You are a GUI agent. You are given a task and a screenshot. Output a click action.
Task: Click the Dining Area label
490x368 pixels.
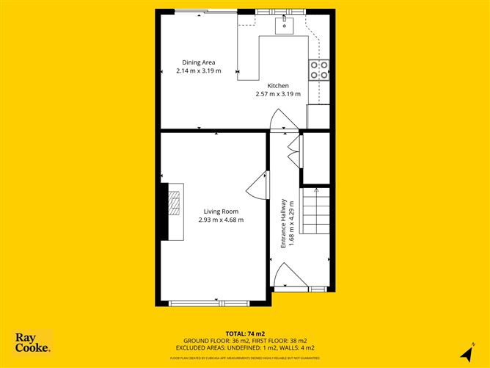pos(198,62)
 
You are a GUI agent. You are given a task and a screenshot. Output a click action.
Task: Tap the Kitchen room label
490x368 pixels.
pos(277,86)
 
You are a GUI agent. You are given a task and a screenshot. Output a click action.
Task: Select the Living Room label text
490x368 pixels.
pos(221,212)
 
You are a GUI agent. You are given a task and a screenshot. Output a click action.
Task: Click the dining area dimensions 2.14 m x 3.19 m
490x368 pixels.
pos(198,72)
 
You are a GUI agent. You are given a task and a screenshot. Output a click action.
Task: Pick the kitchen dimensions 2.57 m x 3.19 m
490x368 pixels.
pos(277,95)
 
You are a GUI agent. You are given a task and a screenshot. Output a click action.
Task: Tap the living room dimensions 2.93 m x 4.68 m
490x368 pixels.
pos(221,220)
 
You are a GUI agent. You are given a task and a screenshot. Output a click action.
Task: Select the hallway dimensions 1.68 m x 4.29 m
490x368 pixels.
pos(291,223)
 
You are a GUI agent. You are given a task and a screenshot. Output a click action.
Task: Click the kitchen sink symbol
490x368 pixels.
pos(285,26)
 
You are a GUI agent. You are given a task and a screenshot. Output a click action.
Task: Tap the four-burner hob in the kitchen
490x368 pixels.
pos(319,69)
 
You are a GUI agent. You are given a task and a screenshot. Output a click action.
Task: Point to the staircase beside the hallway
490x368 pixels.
pos(317,209)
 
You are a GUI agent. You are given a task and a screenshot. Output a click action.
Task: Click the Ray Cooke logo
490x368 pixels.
pos(33,342)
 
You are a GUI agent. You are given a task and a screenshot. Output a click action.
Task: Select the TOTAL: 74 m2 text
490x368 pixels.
pos(244,333)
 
